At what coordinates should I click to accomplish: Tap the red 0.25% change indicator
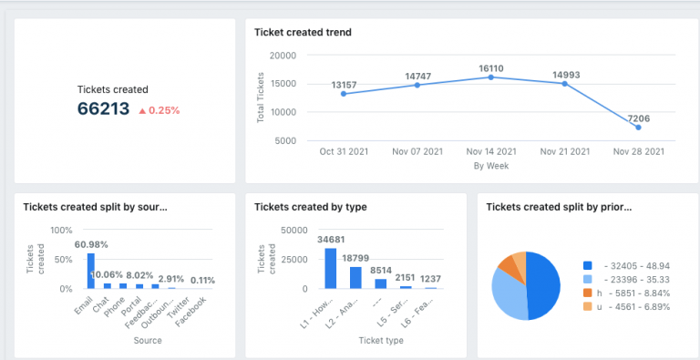[x=159, y=110]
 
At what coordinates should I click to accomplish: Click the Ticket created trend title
[x=303, y=33]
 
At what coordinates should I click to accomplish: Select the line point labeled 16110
[x=490, y=77]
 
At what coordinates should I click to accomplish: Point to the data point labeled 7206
[x=638, y=128]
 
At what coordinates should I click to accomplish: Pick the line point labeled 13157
[x=344, y=94]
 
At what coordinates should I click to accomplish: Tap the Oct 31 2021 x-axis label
[x=344, y=151]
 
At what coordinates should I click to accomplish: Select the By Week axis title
[x=490, y=166]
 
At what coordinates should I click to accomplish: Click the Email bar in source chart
[x=90, y=271]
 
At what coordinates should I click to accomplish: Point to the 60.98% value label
[x=94, y=244]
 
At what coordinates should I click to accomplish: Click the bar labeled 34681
[x=330, y=268]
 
